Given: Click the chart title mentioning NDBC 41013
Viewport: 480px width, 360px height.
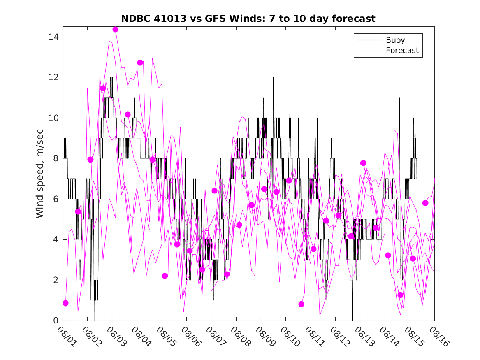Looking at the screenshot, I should tap(248, 19).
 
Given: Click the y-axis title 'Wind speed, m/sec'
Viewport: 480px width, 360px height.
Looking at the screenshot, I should tap(39, 173).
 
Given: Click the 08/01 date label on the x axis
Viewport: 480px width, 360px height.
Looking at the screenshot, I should tap(66, 337).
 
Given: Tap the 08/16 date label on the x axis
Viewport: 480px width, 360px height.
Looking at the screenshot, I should tap(438, 337).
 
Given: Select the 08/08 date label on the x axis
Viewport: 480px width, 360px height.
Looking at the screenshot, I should tap(239, 337).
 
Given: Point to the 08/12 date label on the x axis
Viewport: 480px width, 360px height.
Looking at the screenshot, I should tap(339, 337).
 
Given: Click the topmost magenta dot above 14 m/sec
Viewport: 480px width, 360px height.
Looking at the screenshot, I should tap(115, 29).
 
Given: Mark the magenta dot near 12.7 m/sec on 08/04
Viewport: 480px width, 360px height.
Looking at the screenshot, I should tap(140, 63).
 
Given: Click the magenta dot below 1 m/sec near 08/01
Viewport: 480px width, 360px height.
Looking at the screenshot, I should tap(65, 303).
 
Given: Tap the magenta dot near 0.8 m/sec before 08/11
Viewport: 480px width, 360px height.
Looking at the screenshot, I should tap(301, 304).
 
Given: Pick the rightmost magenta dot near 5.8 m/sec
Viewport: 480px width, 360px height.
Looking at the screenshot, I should tap(425, 203).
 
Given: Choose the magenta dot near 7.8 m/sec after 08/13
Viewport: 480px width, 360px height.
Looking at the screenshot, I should tap(363, 163).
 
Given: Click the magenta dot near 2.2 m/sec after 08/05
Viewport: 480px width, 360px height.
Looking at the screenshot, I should tap(165, 276).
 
